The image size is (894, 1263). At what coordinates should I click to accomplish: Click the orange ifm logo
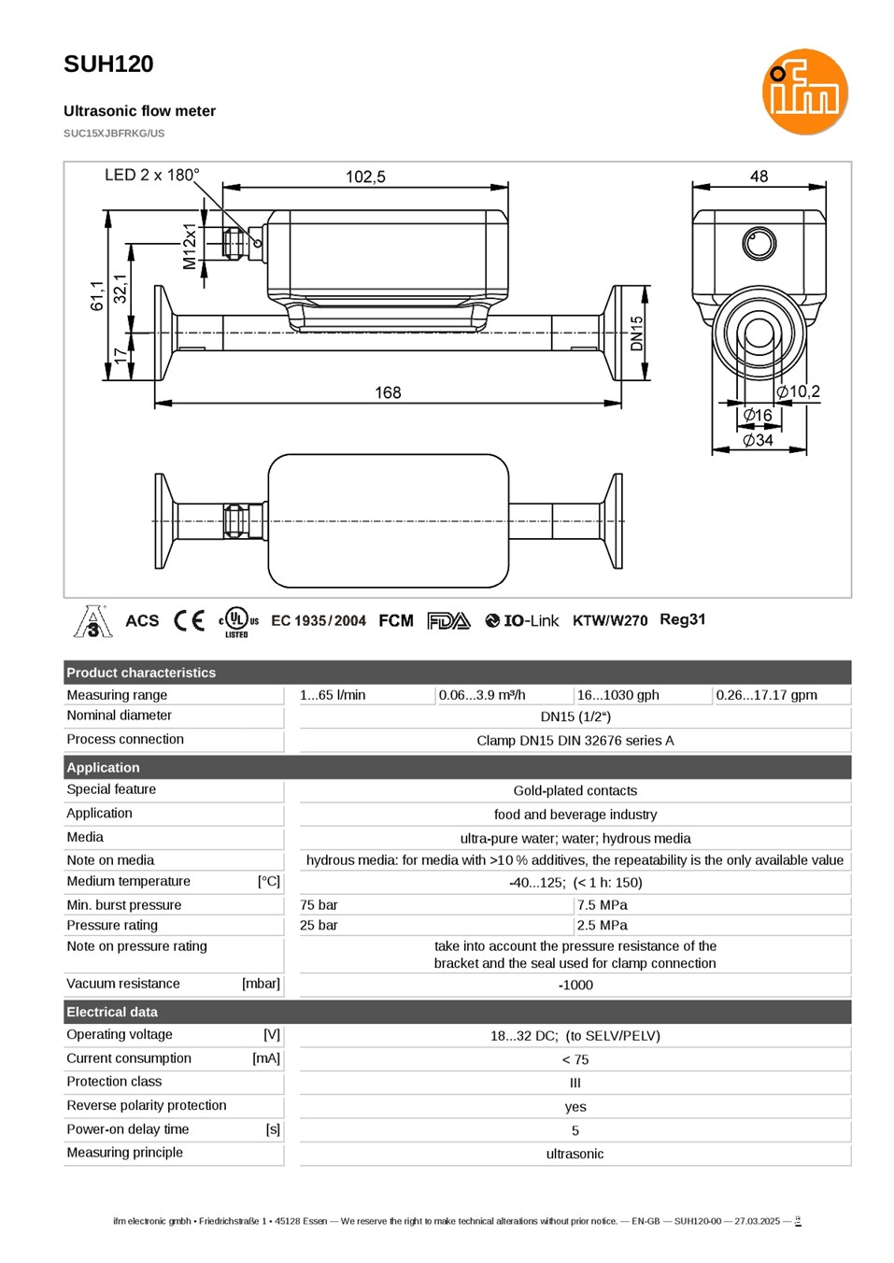coord(804,92)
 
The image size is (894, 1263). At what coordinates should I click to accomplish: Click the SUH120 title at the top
coord(108,64)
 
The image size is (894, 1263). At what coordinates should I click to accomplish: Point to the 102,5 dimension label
coord(365,177)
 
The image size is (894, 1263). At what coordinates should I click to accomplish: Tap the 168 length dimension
coord(388,392)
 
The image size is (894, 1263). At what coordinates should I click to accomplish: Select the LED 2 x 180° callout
coord(152,175)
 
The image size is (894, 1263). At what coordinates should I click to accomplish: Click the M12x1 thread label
coord(190,247)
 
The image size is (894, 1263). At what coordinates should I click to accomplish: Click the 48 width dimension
coord(759,177)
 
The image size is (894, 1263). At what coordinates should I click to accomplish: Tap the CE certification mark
coord(189,621)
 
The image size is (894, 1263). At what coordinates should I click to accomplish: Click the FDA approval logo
coord(448,621)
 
